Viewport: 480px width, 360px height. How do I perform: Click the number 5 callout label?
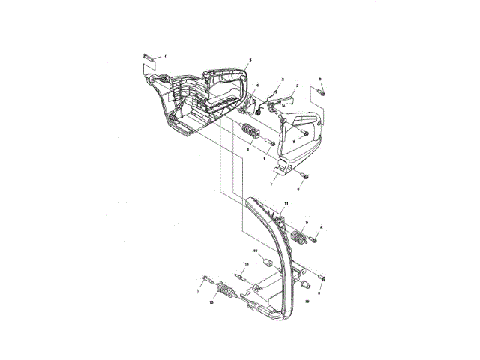point(250,59)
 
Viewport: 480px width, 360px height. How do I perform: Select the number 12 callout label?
point(246,264)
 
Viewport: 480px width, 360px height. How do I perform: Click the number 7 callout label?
point(271,184)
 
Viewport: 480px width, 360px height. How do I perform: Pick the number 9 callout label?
point(306,223)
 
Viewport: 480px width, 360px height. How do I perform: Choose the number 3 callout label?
point(282,79)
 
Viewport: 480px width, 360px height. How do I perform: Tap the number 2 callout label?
point(297,86)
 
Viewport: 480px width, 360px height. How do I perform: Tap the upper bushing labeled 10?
point(264,262)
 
